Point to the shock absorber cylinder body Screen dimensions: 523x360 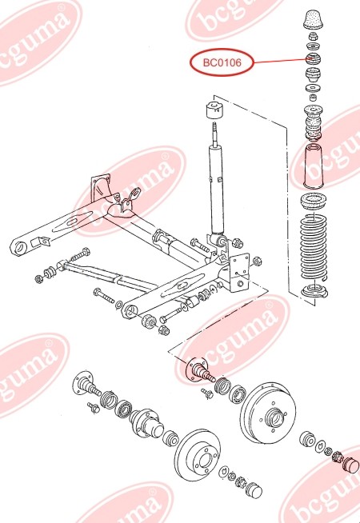(x=215, y=188)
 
